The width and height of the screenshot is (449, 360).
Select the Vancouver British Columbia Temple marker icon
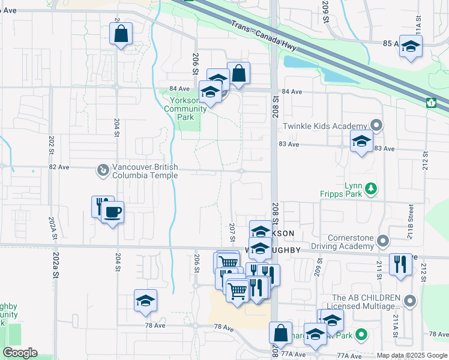[103, 171]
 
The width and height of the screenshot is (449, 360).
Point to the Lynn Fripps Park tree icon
[372, 190]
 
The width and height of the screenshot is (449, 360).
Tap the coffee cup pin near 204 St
[112, 212]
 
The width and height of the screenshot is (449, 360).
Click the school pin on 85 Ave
[411, 46]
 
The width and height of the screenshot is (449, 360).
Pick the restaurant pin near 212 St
[400, 264]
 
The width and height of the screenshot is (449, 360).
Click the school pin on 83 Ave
[361, 142]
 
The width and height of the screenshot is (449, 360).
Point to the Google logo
[20, 353]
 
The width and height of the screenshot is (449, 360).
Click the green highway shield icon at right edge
[430, 103]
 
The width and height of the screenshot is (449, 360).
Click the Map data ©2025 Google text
[411, 355]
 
